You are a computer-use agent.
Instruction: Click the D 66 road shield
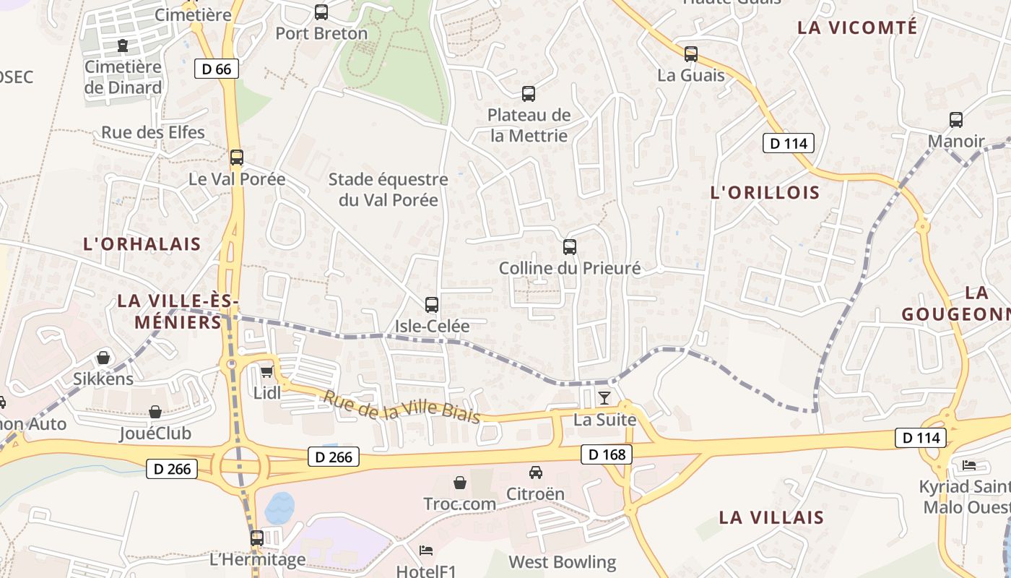click(x=217, y=69)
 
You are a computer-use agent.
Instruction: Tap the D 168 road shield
click(x=606, y=454)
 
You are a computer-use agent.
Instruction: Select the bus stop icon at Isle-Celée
click(x=432, y=305)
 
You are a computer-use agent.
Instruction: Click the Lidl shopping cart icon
click(x=266, y=372)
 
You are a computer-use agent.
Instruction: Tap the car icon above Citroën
click(x=535, y=473)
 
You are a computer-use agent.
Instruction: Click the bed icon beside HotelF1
click(x=426, y=551)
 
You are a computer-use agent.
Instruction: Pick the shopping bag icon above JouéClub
click(x=155, y=412)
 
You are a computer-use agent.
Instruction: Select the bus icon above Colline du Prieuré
click(x=570, y=247)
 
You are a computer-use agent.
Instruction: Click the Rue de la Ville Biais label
click(x=402, y=407)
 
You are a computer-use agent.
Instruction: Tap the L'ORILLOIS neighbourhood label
click(x=765, y=192)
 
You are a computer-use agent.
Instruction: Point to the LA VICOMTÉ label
click(x=857, y=27)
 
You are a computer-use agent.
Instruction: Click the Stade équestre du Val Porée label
click(x=389, y=189)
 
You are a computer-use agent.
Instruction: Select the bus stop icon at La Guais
click(x=691, y=53)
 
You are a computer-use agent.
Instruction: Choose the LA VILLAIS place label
click(x=771, y=517)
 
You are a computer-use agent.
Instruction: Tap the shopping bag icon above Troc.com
click(x=460, y=483)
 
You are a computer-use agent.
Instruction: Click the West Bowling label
click(x=563, y=562)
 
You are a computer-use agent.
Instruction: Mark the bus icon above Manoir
click(x=956, y=120)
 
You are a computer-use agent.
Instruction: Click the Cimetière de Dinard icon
click(x=123, y=46)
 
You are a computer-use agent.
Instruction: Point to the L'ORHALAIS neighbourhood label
click(x=142, y=243)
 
